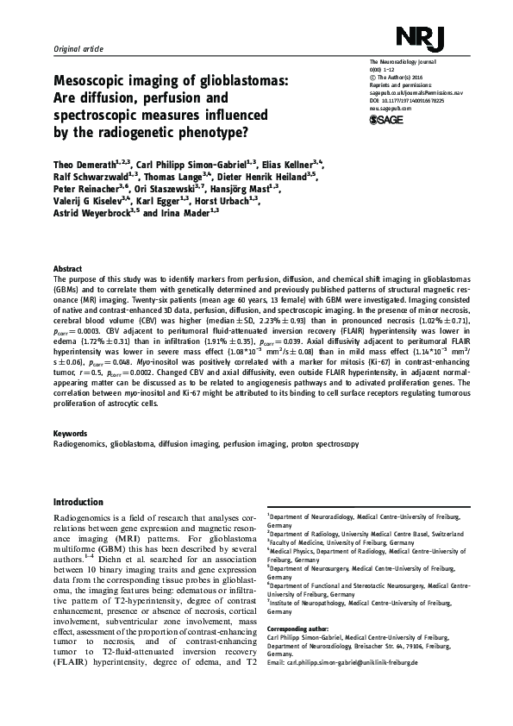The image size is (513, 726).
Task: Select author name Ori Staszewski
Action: tap(164, 189)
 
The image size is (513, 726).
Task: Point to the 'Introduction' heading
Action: tap(78, 502)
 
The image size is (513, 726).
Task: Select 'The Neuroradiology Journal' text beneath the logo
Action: tap(402, 67)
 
